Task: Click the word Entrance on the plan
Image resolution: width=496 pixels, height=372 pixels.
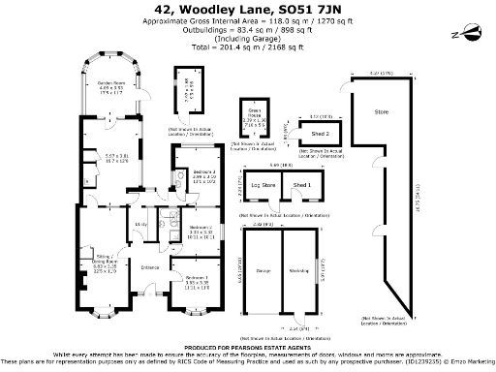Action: click(150, 267)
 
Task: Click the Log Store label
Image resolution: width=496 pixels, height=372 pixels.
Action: click(263, 184)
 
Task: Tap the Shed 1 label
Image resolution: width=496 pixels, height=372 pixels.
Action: click(302, 184)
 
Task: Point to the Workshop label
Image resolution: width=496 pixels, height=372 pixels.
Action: click(298, 270)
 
